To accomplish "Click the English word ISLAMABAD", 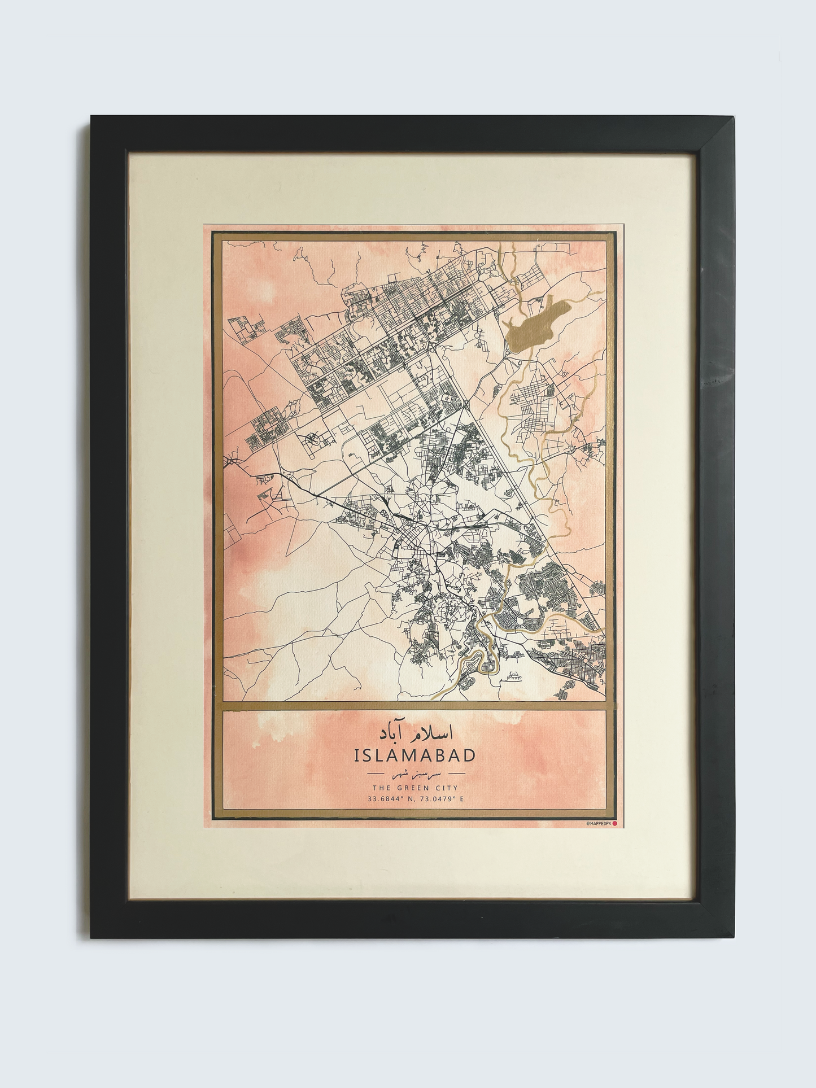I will click(x=414, y=755).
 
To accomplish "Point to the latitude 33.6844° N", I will click(x=387, y=799).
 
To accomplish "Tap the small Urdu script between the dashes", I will click(x=415, y=772).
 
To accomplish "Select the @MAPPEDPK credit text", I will click(x=598, y=824).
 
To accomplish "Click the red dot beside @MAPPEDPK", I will click(x=614, y=824).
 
